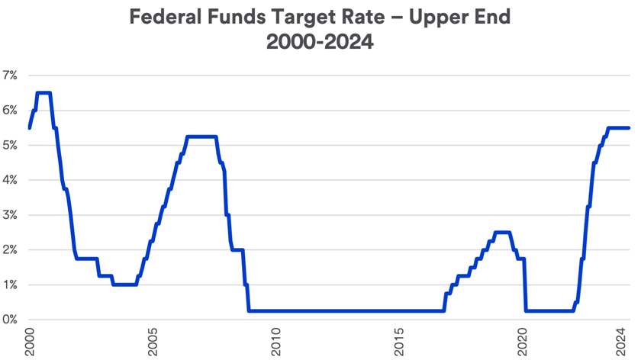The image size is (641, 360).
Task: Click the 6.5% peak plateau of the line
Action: pos(43,93)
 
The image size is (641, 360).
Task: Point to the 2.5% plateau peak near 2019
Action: pos(502,233)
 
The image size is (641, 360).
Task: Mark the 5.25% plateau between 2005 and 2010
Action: pos(201,137)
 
